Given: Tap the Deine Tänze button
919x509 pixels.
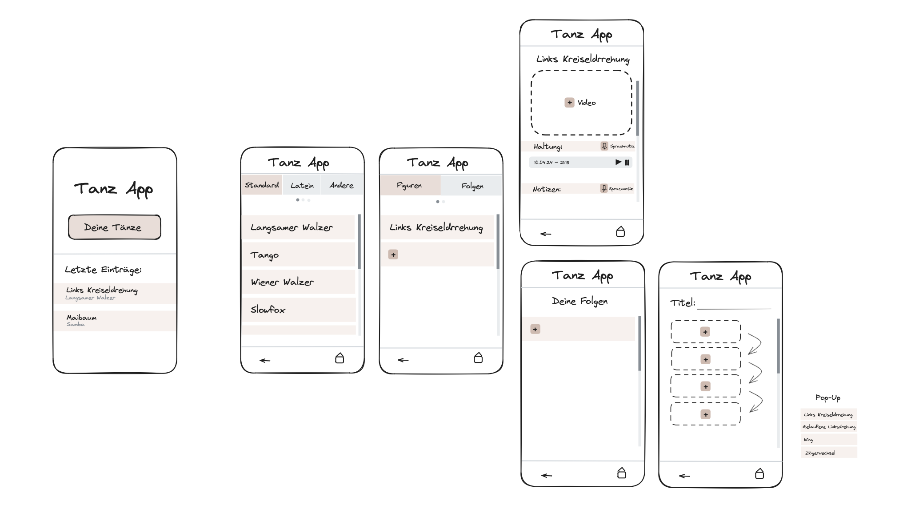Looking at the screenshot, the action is tap(115, 227).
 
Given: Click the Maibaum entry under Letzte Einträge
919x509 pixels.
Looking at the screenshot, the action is tap(115, 321).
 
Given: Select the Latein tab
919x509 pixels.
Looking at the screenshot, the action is tap(302, 185).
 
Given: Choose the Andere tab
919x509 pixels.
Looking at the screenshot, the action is tap(342, 185).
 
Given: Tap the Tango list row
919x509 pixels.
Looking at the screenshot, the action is tap(299, 255).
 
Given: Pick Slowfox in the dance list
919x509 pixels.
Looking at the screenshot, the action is tap(299, 310).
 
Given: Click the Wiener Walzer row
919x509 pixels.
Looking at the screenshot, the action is tap(299, 282).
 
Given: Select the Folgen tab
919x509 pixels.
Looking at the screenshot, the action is tap(472, 186).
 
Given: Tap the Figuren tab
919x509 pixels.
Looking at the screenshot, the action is tap(410, 186).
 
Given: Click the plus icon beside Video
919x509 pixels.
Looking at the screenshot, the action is tap(569, 103).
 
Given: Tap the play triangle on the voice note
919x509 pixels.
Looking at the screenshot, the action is tap(618, 162).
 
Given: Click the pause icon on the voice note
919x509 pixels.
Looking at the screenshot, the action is tap(627, 163).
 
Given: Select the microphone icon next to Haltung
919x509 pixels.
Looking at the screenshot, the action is tap(604, 146).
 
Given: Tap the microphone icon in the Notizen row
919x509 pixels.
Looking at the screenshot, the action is tap(604, 188).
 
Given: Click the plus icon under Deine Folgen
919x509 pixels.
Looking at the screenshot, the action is tap(535, 330).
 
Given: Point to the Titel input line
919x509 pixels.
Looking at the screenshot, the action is tap(734, 308).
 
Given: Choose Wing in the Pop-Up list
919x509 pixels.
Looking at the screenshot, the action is tap(829, 440).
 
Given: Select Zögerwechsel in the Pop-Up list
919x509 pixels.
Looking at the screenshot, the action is tap(829, 453).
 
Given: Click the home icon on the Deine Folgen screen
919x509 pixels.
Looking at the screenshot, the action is tap(622, 473).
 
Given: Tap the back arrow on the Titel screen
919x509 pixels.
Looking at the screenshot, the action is tap(684, 476).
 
